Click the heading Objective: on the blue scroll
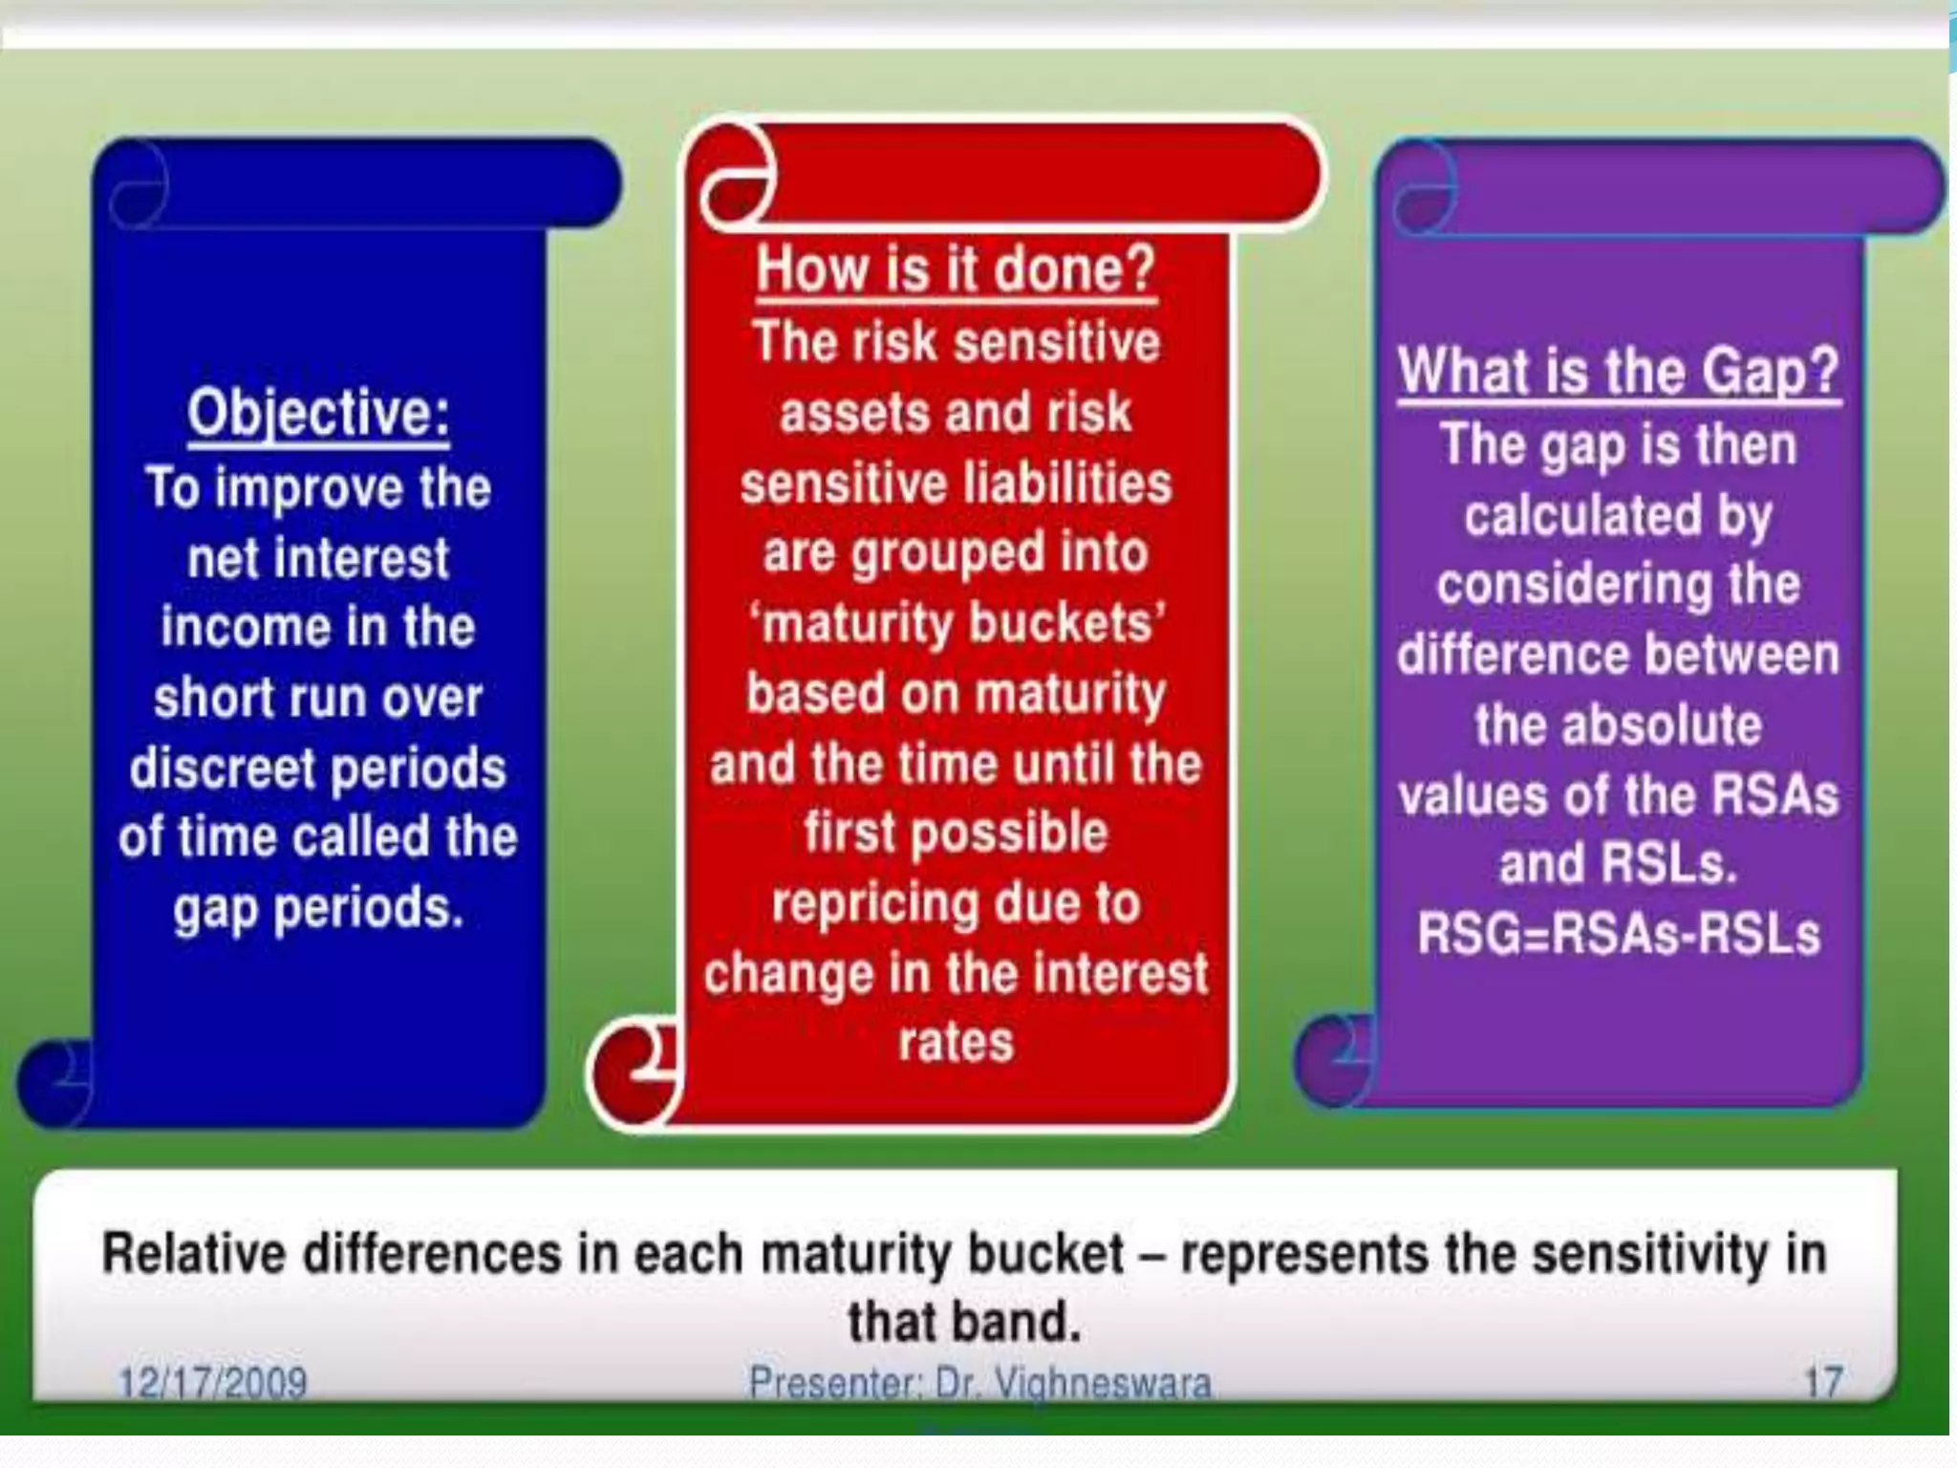(318, 413)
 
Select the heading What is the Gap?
(1618, 371)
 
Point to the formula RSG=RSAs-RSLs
(1618, 934)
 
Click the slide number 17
(1823, 1382)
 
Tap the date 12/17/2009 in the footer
(212, 1382)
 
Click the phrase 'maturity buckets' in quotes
(956, 623)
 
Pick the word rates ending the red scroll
(956, 1042)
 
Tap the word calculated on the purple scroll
(1582, 515)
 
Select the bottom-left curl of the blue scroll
(55, 1082)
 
